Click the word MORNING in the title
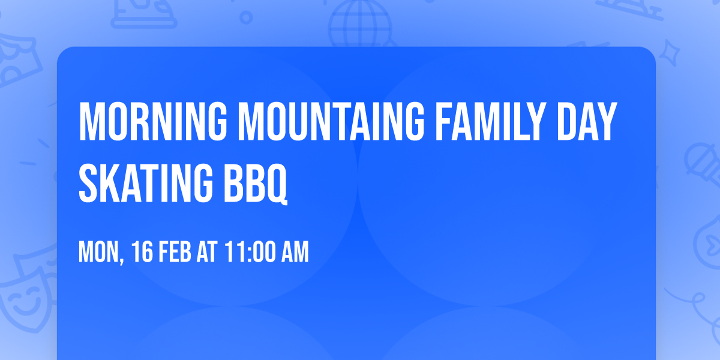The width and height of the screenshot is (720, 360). tap(153, 122)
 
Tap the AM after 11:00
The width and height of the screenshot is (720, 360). tap(295, 252)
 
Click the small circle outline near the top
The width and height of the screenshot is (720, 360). tap(247, 18)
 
